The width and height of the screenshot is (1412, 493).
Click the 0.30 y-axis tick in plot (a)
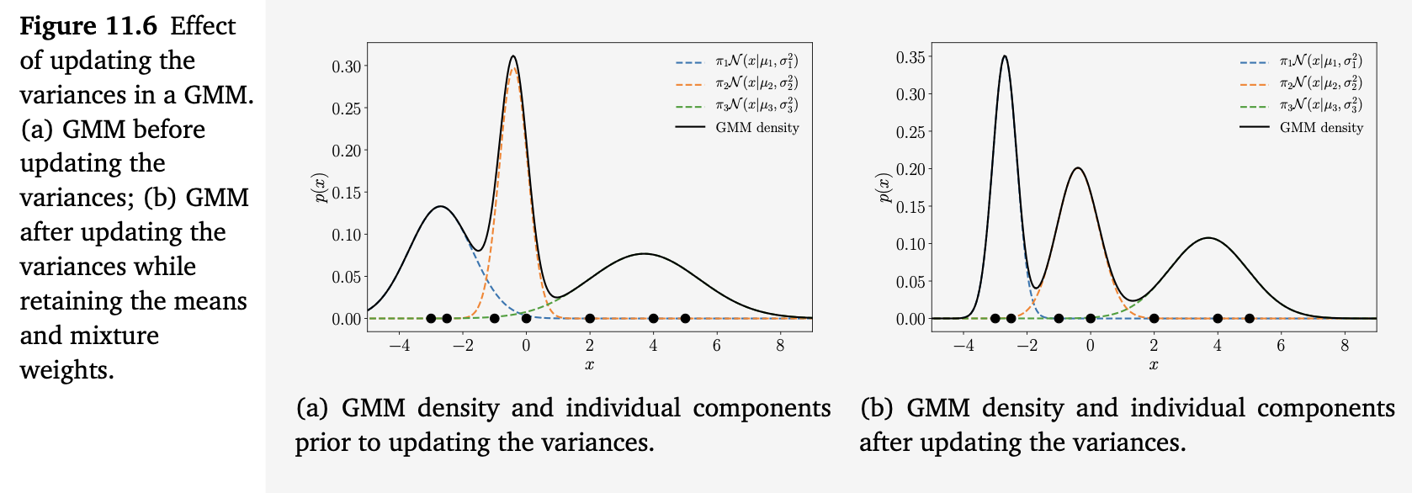(346, 66)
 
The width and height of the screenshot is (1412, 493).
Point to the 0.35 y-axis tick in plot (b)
(910, 57)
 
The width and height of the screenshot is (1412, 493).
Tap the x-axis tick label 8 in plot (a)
(780, 346)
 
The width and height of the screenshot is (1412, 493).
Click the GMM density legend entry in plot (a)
(756, 128)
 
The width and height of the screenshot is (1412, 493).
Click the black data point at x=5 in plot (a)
(685, 319)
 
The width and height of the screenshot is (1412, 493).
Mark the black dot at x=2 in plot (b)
(1154, 319)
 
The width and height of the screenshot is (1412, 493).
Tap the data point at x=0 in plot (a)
(526, 319)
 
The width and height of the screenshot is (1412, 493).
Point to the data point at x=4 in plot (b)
(1218, 319)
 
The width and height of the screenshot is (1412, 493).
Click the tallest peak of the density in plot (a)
(513, 56)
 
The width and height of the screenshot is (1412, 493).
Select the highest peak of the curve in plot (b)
(1004, 56)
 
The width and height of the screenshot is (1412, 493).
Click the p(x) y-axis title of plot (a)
(321, 188)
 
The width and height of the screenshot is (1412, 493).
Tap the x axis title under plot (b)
(1154, 365)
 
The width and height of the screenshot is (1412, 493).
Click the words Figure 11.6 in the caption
(88, 26)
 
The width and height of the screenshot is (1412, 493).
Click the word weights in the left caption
(66, 370)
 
